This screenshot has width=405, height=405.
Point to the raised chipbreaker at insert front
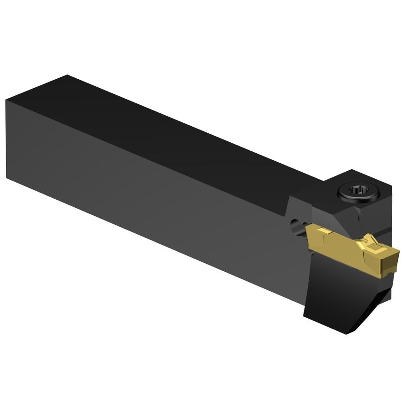[375, 243]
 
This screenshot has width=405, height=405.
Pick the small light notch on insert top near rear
[324, 231]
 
